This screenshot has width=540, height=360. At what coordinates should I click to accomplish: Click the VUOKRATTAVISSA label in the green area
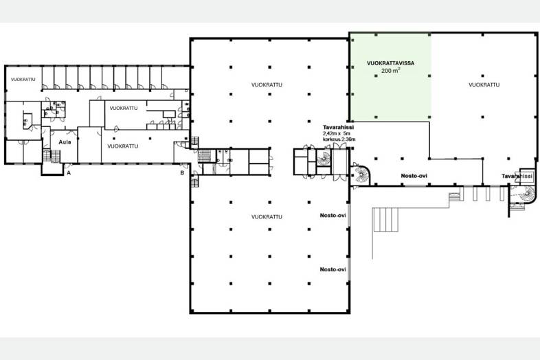390,63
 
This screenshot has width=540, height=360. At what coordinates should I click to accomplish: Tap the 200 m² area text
390,71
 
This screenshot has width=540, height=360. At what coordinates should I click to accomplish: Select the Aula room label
65,142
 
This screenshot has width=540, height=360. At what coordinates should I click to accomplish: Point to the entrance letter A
69,173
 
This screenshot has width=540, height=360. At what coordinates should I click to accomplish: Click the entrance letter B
182,173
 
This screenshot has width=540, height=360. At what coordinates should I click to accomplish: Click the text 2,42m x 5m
337,133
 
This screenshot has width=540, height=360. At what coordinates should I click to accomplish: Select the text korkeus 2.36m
339,139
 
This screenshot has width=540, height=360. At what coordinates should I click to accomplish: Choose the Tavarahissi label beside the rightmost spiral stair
517,176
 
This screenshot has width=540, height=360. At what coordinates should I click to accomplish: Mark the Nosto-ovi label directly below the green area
414,176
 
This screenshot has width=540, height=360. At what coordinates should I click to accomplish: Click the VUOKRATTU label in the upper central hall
267,85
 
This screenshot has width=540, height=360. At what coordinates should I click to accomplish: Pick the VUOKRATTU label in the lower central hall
267,216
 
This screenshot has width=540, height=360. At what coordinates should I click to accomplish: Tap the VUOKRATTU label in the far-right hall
484,85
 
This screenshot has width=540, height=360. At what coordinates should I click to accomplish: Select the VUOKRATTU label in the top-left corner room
23,80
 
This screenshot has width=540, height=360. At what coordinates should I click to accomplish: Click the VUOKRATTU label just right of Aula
122,146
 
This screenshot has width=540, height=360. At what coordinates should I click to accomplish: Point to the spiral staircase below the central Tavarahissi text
324,158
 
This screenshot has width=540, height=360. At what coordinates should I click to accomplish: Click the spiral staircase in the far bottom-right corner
526,194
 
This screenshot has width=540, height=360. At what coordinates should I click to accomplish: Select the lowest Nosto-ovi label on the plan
333,269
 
